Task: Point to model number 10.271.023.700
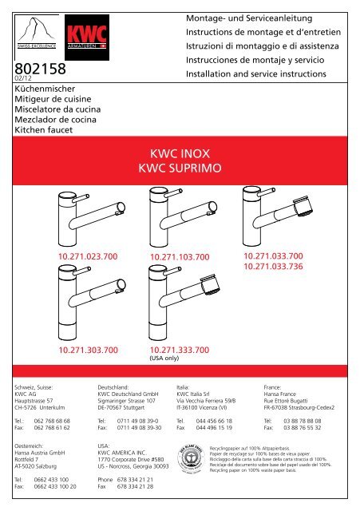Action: click(x=87, y=255)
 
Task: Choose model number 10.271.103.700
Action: click(x=180, y=256)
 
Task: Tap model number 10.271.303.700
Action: click(x=87, y=349)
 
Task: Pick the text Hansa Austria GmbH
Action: click(x=40, y=451)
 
